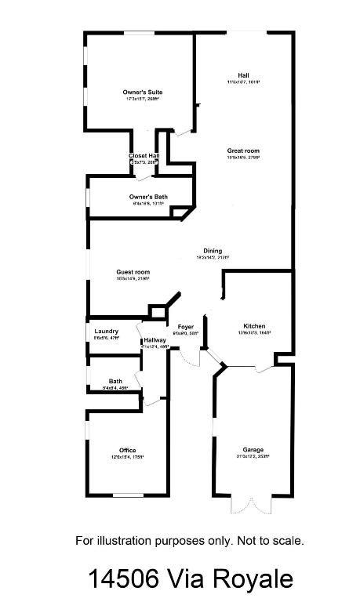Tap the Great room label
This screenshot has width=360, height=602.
click(x=243, y=150)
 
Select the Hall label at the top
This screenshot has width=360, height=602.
click(x=243, y=75)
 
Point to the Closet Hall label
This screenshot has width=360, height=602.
click(x=144, y=156)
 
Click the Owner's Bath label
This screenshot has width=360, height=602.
click(x=148, y=197)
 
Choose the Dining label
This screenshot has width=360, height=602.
click(x=213, y=251)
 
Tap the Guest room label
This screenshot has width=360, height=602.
click(x=133, y=273)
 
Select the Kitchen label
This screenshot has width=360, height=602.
click(x=254, y=326)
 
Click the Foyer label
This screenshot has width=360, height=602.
click(x=186, y=326)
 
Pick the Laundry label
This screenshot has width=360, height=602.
click(x=106, y=332)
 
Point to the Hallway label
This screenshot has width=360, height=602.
click(x=155, y=340)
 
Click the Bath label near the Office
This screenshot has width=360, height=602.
click(x=115, y=382)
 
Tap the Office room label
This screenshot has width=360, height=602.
click(x=128, y=450)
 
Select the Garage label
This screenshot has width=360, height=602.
click(x=252, y=450)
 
